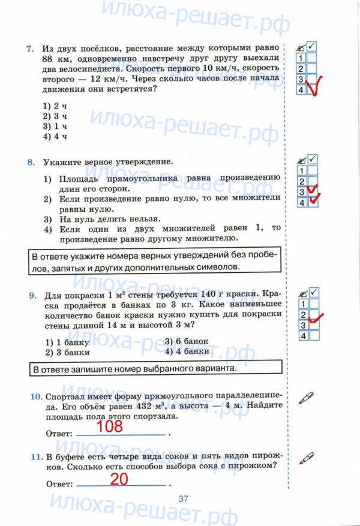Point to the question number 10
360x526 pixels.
[x=34, y=396]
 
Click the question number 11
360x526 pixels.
[x=34, y=456]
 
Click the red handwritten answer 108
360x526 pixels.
[x=109, y=426]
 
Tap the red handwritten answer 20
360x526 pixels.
[x=120, y=479]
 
